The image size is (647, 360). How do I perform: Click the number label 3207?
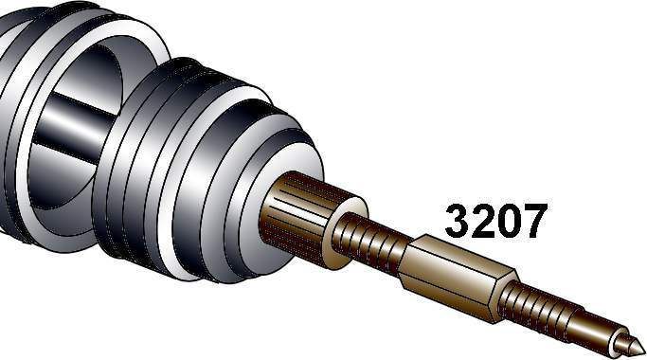tap(496, 222)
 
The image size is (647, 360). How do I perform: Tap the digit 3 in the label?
tap(458, 222)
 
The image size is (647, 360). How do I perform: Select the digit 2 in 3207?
tap(483, 222)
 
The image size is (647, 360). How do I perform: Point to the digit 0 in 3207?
tap(509, 222)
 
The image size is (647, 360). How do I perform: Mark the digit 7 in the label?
tap(535, 222)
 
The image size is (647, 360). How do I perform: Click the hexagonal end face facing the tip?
tap(503, 298)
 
